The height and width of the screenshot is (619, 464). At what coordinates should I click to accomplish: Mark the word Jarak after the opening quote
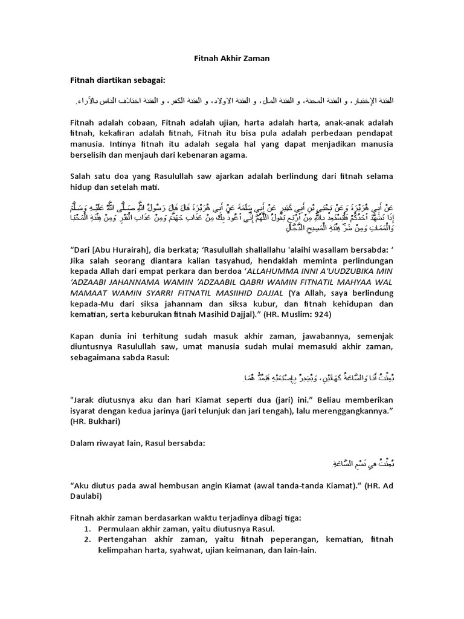coord(87,400)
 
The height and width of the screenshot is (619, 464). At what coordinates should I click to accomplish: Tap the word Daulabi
coord(88,497)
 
